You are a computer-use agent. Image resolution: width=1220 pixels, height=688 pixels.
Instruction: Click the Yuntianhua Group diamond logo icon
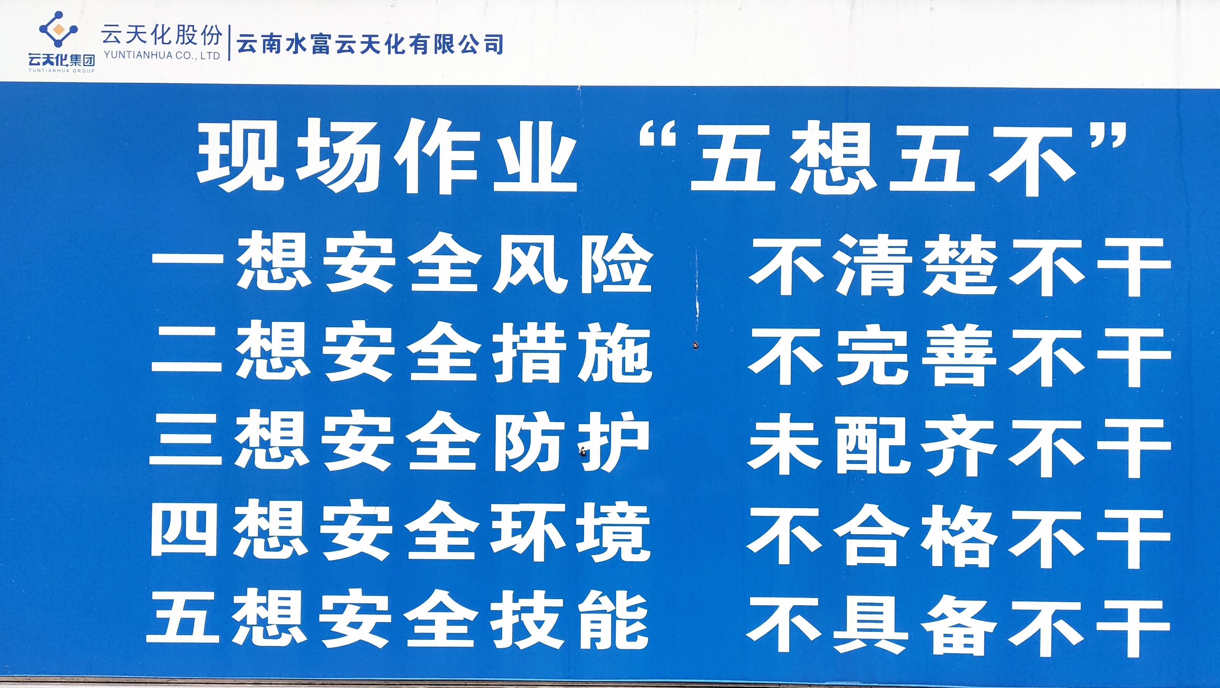point(58,29)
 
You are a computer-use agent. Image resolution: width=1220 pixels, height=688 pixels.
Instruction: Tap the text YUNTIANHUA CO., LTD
point(161,56)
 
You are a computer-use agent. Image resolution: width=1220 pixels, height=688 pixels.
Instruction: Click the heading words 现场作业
point(386,156)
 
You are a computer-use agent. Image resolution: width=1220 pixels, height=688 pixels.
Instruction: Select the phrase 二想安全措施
point(402,352)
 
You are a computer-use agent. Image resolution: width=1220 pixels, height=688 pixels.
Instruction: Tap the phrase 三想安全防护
point(400,442)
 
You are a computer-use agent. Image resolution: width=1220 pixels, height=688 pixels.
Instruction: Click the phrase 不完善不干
point(960,356)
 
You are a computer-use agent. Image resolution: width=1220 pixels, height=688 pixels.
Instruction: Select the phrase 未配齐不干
point(960,445)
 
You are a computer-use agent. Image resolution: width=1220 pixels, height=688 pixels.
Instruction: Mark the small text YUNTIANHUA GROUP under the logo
point(61,71)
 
